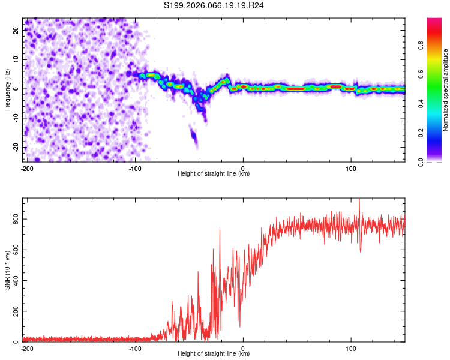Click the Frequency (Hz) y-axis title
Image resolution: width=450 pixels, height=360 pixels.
click(7, 90)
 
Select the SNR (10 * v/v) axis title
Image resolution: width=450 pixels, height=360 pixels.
click(7, 270)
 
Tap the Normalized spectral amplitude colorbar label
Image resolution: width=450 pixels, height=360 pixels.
click(446, 90)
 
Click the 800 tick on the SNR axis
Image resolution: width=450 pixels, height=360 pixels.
click(16, 220)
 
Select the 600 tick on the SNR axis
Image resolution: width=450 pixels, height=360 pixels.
click(16, 250)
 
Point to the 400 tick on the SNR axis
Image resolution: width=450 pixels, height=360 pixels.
click(16, 281)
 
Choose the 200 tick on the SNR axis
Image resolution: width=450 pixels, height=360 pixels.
click(16, 311)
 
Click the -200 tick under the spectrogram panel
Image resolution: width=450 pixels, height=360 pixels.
click(27, 168)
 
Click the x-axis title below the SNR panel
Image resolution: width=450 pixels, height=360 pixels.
click(214, 354)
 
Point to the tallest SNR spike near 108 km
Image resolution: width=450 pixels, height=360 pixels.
click(359, 201)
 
